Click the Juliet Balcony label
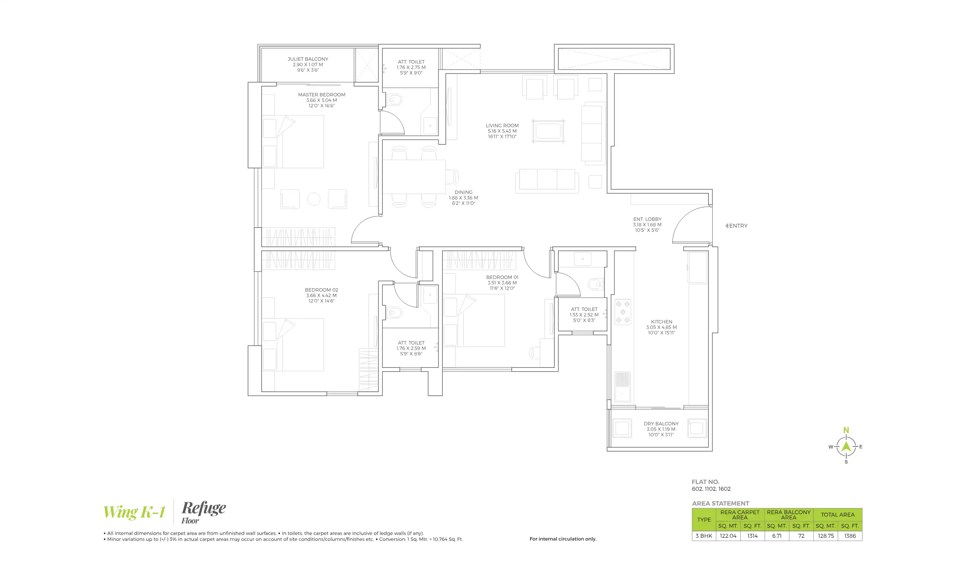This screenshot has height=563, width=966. pos(307,64)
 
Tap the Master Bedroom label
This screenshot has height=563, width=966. pos(321,100)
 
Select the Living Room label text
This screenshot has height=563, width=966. pos(502,131)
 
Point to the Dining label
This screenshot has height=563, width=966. pos(463,198)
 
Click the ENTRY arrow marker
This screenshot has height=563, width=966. pos(726,226)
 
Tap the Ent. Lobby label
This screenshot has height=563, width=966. pos(647,225)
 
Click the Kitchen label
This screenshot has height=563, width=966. pos(661,327)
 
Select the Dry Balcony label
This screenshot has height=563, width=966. pos(661,429)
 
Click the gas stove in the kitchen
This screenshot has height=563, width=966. pos(622,312)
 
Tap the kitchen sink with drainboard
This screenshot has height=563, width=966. pos(622,387)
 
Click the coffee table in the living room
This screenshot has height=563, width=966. pos(548,131)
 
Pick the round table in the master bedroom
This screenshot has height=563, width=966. pos(313,199)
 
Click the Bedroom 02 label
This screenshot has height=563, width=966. pos(321,295)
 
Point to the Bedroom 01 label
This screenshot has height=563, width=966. pos(502,283)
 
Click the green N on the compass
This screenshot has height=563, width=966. pos(846,430)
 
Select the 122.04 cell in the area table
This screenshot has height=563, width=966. pos(727,536)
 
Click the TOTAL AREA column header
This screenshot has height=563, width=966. pos(837,515)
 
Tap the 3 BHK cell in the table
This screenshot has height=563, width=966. pos(703,536)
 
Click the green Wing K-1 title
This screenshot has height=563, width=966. pos(134,512)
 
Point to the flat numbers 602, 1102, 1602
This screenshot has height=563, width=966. pos(711,489)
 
